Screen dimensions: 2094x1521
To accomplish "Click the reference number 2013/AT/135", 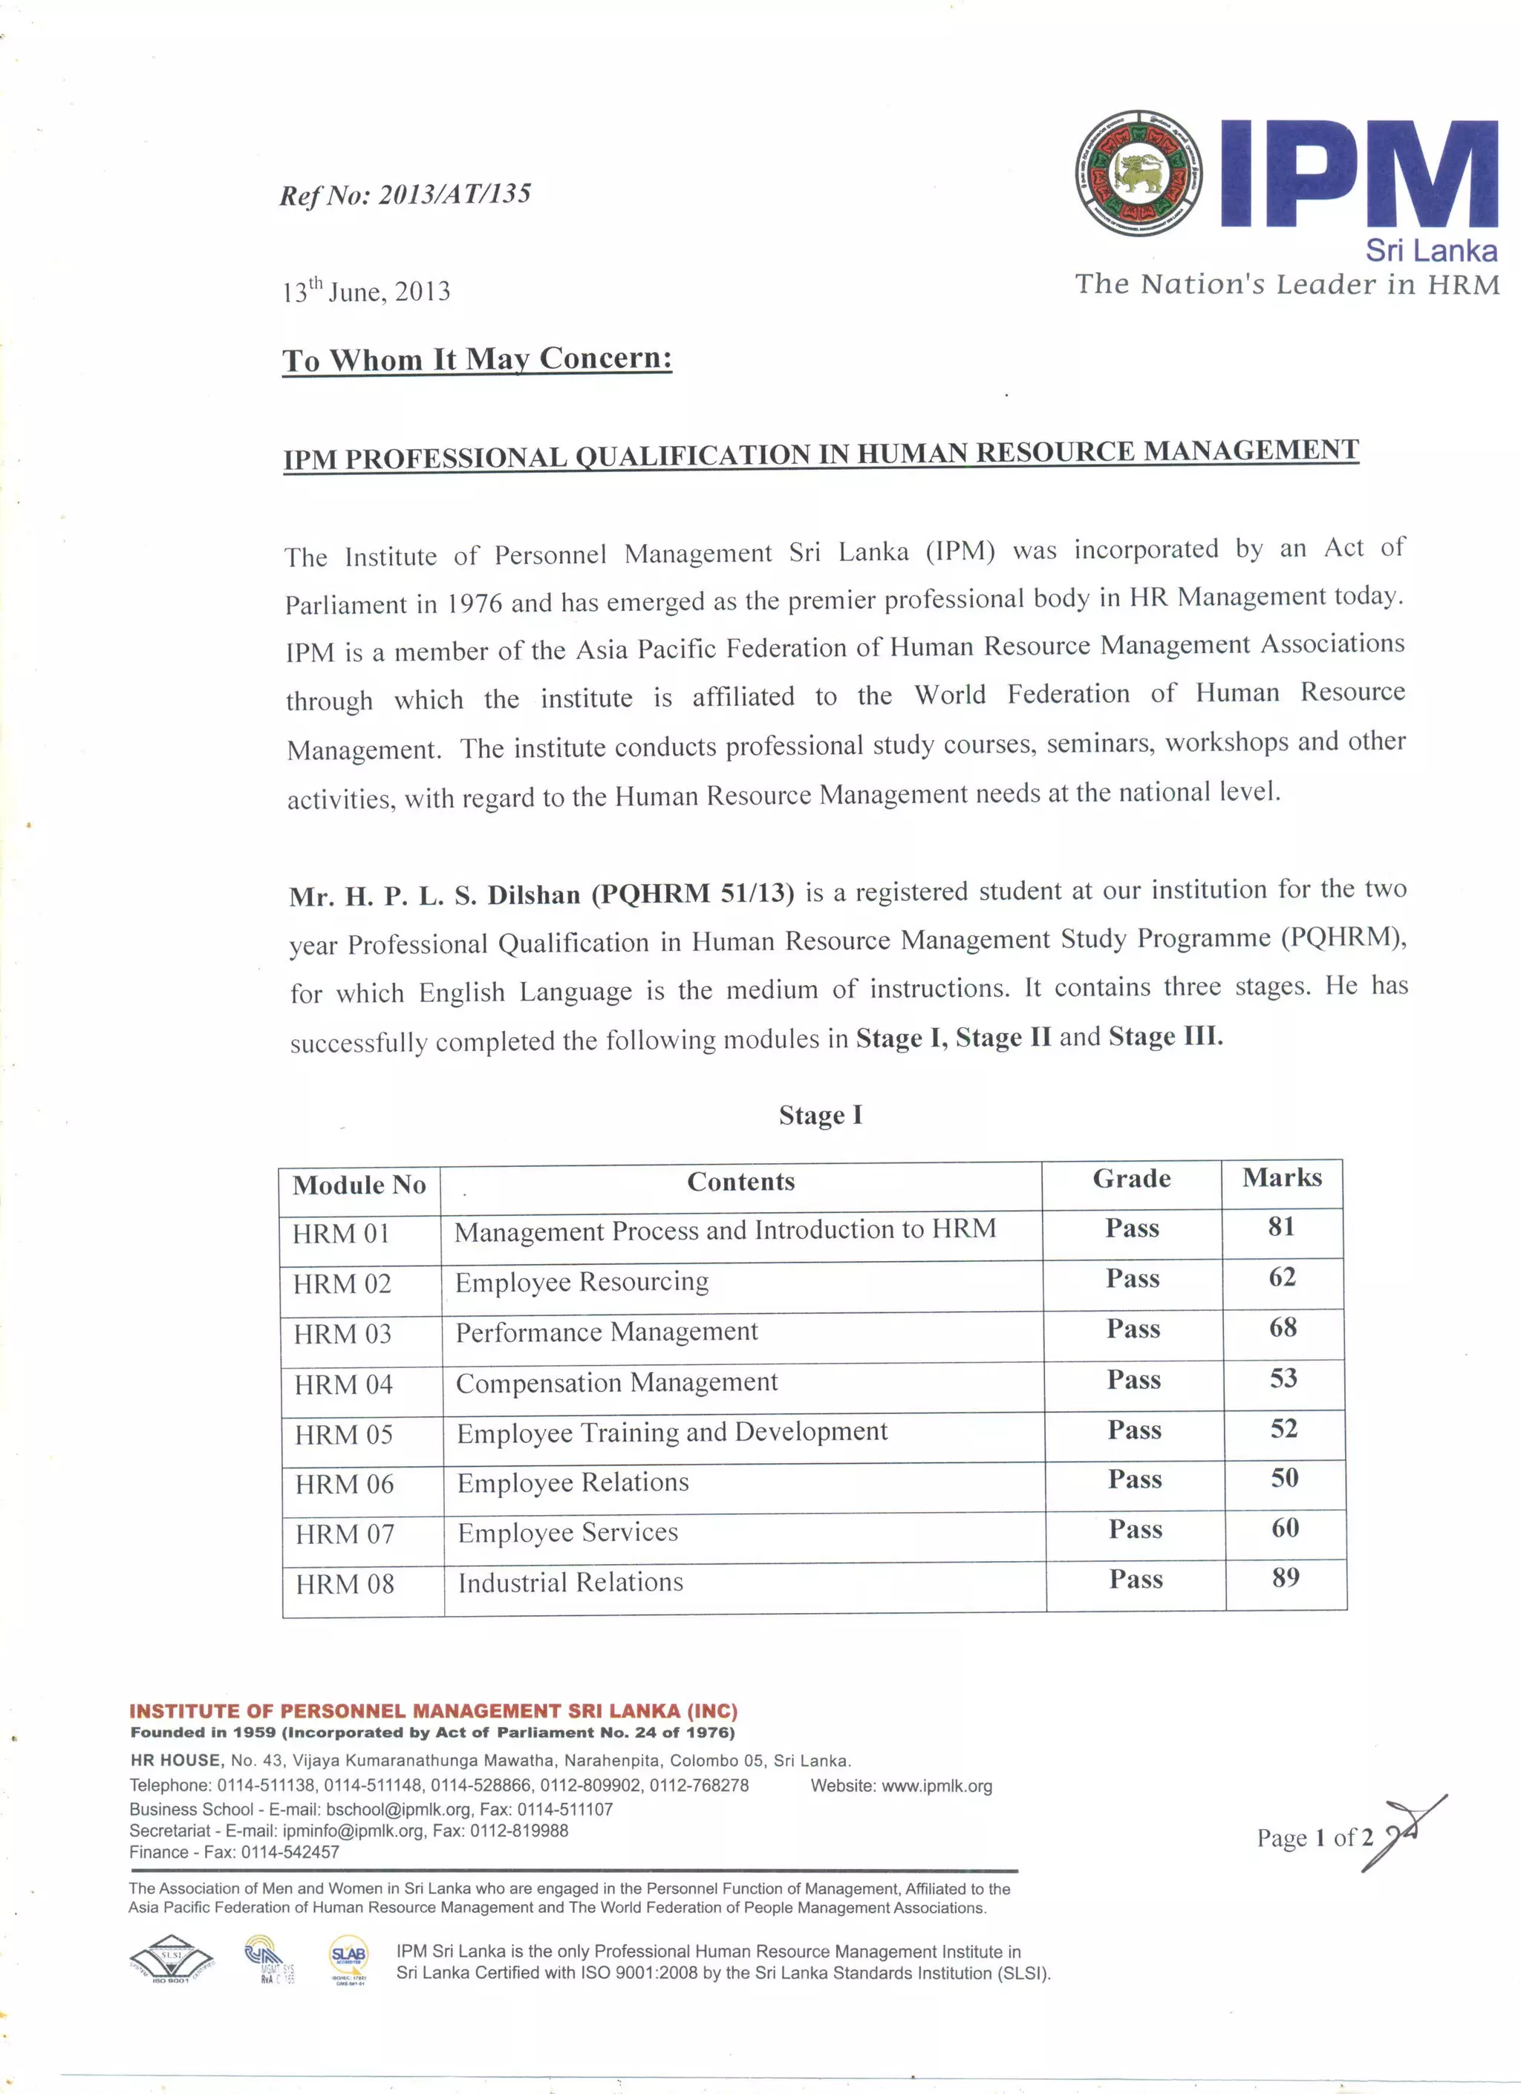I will [x=455, y=194].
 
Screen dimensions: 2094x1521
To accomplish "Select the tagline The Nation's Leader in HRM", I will [x=1286, y=284].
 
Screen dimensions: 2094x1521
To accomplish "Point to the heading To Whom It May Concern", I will [x=477, y=359].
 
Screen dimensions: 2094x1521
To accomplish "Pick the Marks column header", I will [x=1281, y=1177].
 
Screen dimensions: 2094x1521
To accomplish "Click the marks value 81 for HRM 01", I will [x=1281, y=1226].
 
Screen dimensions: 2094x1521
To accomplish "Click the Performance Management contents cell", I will [x=606, y=1332].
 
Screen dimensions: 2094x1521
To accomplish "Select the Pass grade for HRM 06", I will [x=1134, y=1479].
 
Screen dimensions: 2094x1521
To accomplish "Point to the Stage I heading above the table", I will [x=820, y=1116].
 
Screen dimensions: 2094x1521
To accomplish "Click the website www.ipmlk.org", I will [x=937, y=1786].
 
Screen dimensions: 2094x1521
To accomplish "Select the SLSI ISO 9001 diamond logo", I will [x=172, y=1957].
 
